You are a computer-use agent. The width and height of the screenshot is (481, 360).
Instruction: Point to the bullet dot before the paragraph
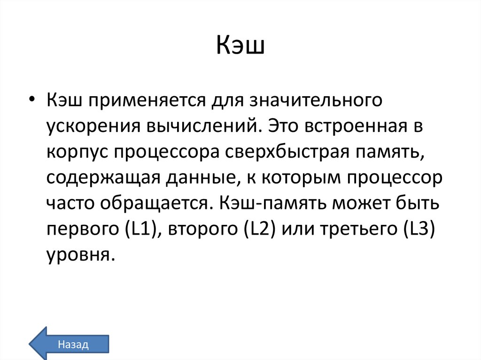(31, 88)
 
